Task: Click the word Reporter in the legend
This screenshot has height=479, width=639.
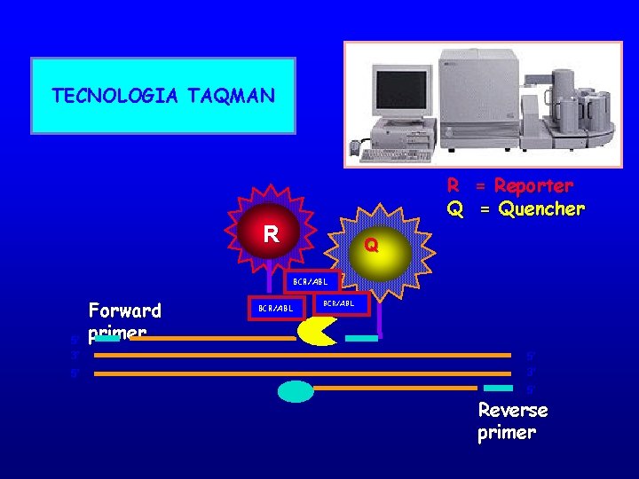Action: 533,186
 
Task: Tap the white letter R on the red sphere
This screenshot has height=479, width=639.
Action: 272,234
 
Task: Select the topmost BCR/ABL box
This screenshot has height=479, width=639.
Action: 311,282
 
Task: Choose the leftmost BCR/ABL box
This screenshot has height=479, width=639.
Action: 275,308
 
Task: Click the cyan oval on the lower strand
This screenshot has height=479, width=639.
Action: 296,391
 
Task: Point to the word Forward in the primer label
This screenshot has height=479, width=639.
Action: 125,310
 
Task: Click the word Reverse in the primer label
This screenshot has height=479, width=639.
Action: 513,411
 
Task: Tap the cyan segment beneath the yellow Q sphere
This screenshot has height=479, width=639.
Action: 361,338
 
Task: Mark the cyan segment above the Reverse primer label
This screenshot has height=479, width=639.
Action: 498,388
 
